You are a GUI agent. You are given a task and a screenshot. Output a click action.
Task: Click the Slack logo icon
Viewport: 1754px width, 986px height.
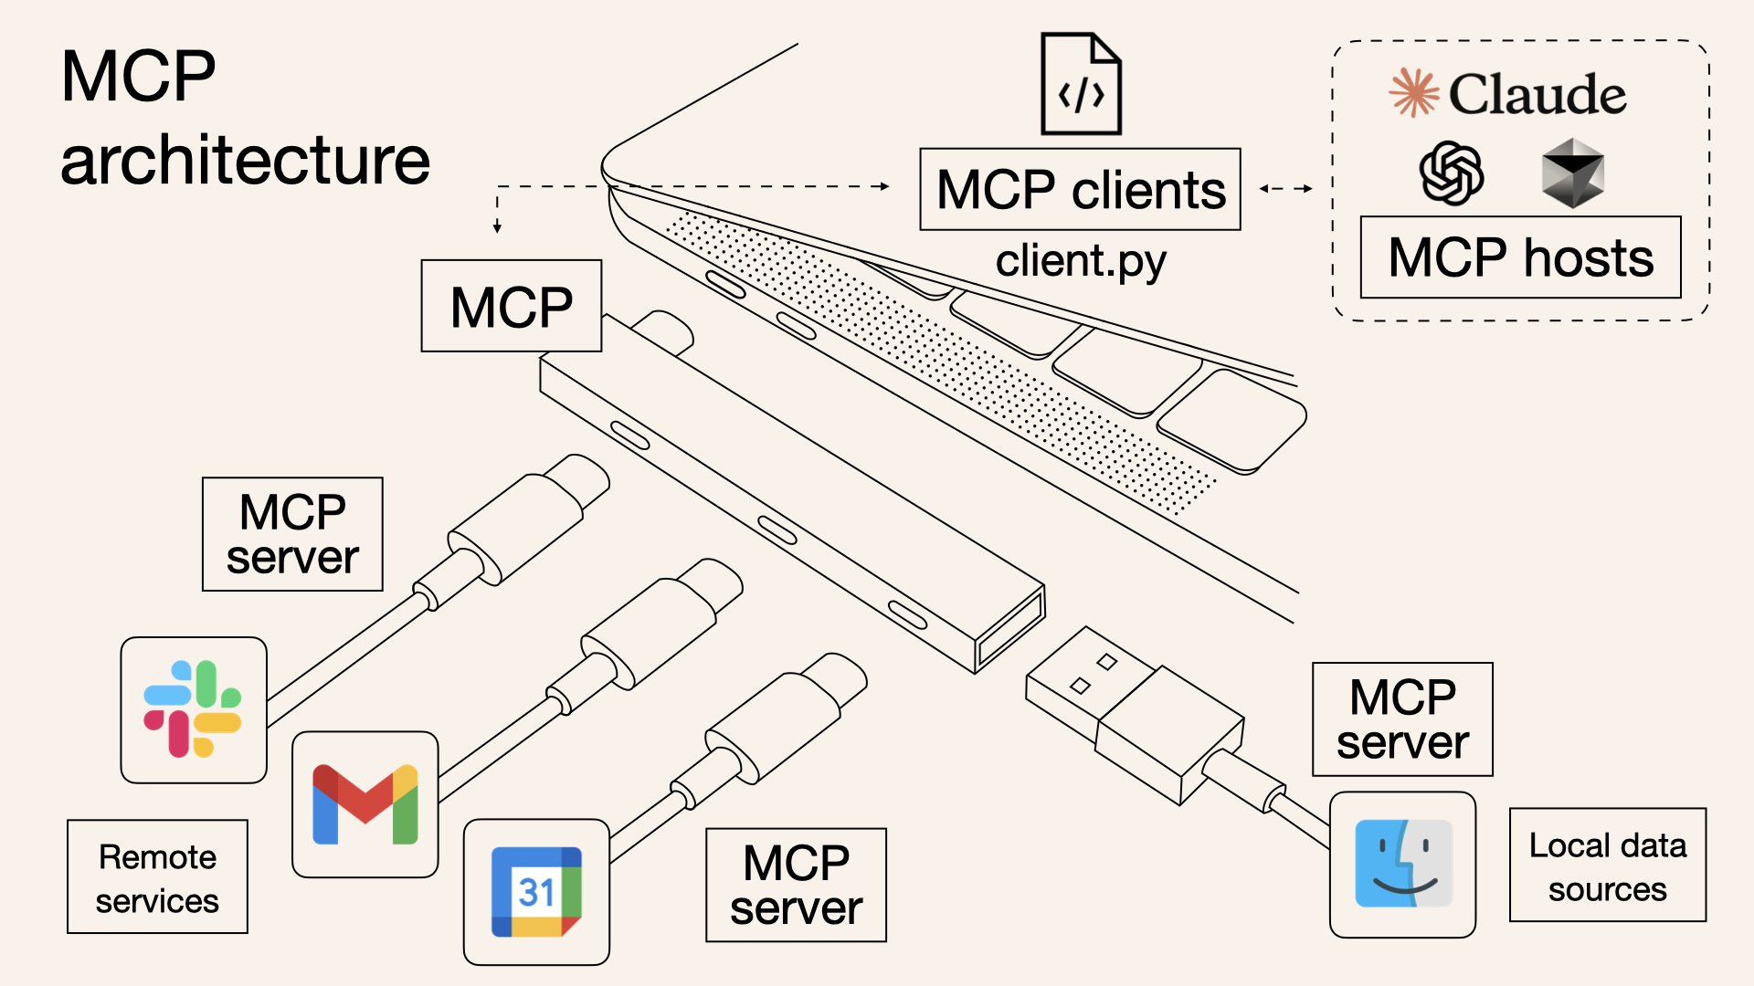point(193,709)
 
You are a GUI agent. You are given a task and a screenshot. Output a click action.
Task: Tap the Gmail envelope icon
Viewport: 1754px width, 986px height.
point(365,804)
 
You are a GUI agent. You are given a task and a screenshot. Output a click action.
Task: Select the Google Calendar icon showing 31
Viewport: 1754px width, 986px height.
point(536,892)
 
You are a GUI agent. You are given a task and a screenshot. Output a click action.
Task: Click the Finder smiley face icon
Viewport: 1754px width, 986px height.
point(1402,864)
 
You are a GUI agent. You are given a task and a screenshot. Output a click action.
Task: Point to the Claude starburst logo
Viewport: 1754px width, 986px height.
point(1413,93)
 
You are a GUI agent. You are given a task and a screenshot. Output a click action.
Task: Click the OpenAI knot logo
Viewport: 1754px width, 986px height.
point(1451,173)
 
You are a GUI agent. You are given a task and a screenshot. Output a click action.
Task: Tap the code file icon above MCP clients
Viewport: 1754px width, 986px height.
point(1081,84)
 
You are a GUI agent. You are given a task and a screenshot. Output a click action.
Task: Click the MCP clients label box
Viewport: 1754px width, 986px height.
point(1080,189)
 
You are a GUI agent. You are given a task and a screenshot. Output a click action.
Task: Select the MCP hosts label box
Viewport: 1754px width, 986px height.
point(1520,257)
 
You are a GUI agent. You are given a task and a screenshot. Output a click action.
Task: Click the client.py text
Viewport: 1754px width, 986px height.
point(1080,261)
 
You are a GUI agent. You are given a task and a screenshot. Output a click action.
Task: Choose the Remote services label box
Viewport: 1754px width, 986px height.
point(157,876)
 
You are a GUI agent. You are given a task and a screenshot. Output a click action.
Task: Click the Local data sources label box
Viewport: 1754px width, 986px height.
point(1607,865)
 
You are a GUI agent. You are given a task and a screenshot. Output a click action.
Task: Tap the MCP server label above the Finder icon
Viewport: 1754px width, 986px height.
point(1402,719)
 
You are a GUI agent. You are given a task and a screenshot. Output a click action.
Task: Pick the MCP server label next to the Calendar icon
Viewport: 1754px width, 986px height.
point(796,885)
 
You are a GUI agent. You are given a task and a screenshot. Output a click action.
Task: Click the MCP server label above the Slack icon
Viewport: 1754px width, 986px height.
point(292,534)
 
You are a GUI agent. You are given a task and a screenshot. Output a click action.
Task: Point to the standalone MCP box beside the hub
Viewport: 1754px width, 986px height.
point(511,306)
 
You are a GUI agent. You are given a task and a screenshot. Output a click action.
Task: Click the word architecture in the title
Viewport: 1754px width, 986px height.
point(245,160)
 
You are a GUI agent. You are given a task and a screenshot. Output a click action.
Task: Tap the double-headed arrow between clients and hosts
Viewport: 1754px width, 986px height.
point(1285,189)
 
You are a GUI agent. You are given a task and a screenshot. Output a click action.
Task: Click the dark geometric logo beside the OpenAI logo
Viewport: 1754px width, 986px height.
point(1572,173)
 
